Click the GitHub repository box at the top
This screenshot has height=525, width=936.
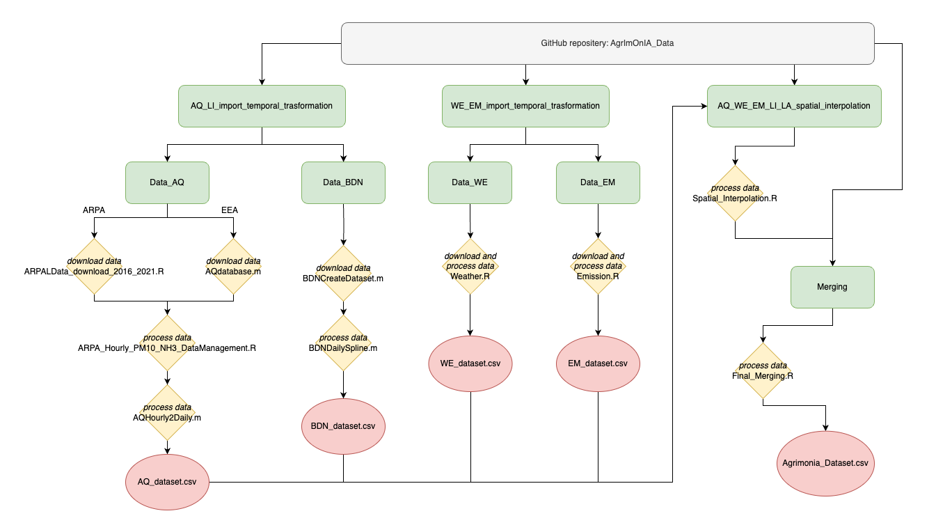(607, 43)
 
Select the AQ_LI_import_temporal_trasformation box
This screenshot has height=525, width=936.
(262, 106)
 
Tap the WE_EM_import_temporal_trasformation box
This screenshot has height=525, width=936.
(525, 106)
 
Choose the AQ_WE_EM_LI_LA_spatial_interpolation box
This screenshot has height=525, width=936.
(794, 106)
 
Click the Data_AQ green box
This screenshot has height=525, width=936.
(167, 182)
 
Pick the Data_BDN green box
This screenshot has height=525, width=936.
(343, 182)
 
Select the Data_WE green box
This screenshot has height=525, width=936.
(470, 182)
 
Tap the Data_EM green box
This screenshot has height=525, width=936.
(598, 182)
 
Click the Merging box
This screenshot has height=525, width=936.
(832, 287)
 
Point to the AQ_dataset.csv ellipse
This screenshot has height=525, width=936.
(167, 482)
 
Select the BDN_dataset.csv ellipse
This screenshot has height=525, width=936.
(343, 426)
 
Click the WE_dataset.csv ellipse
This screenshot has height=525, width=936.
(470, 363)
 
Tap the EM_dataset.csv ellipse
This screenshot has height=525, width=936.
(598, 363)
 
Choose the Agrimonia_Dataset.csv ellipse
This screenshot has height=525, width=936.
(825, 462)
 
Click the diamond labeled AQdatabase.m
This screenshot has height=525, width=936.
(234, 266)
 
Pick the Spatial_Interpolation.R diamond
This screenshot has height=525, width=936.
(736, 194)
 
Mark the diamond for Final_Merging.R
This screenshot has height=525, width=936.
(763, 370)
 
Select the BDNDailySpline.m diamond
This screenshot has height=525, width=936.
(343, 343)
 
